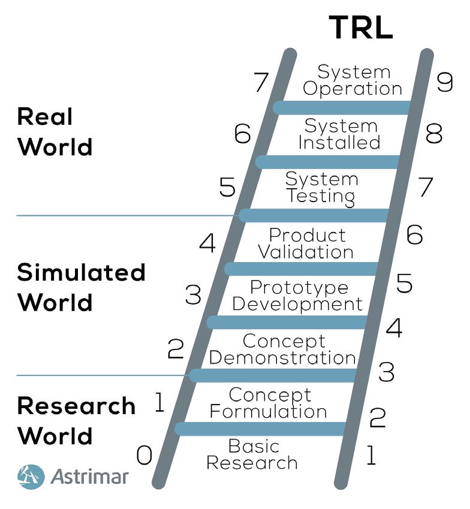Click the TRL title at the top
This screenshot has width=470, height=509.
click(361, 28)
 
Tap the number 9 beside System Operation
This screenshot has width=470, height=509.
click(444, 82)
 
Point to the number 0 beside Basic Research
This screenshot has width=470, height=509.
click(144, 456)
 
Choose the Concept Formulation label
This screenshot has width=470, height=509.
click(269, 403)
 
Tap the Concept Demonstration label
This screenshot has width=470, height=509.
click(282, 350)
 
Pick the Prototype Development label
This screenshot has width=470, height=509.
click(297, 296)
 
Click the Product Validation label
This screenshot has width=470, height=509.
click(306, 243)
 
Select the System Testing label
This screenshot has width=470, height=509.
click(321, 187)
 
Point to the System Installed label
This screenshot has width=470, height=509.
click(340, 134)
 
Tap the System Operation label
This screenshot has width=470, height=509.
click(353, 80)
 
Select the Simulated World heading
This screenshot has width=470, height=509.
click(81, 288)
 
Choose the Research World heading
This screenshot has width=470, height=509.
click(76, 420)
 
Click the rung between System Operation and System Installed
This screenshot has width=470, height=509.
click(341, 108)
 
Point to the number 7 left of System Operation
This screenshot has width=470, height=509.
click(260, 83)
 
